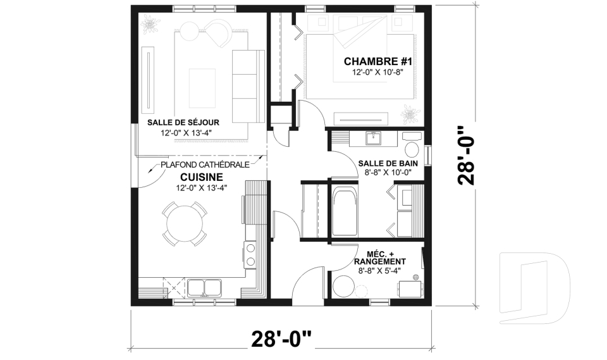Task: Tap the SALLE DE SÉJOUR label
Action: point(183,122)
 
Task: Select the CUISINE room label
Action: point(201,177)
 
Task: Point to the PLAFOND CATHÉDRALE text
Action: point(204,164)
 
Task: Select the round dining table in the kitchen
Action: point(185,223)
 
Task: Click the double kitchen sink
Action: point(203,288)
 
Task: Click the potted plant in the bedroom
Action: point(411,115)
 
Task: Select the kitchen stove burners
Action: point(250,255)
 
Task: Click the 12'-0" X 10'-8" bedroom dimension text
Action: point(377,73)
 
